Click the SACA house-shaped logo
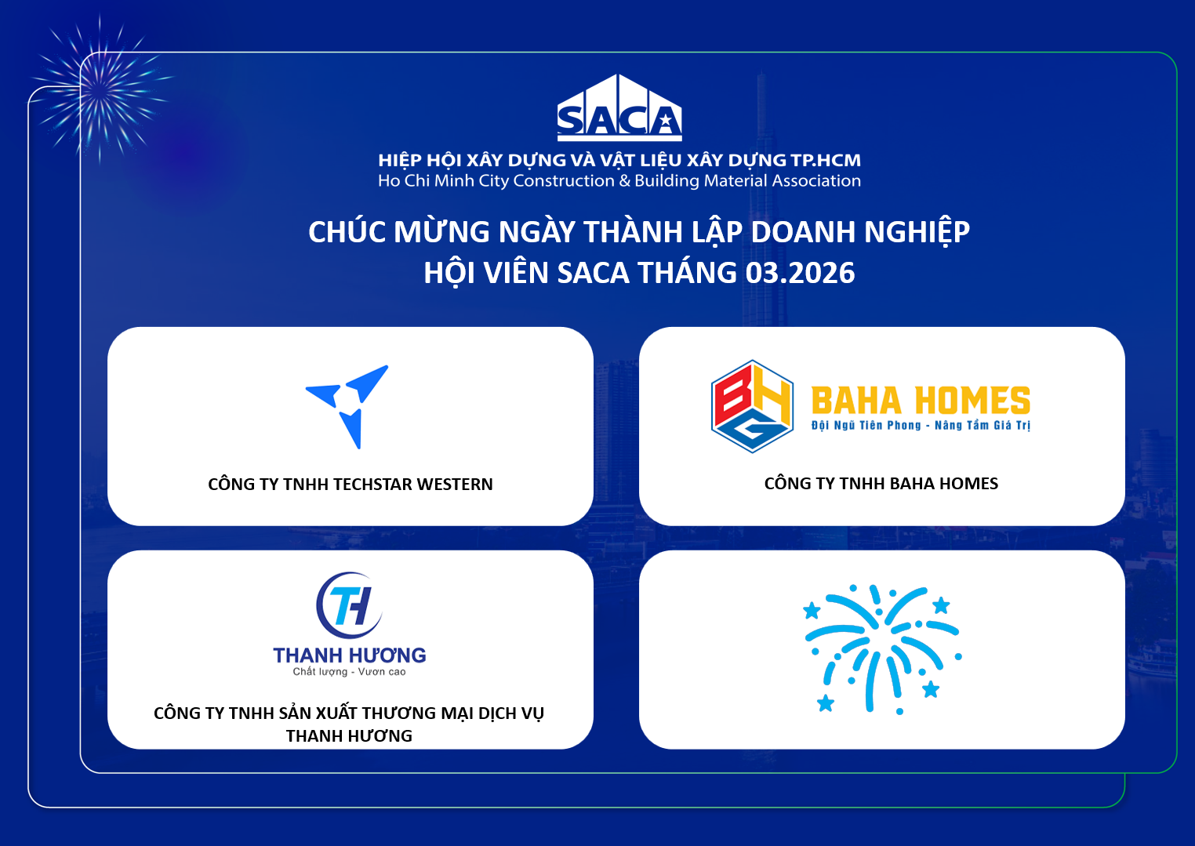[x=619, y=107]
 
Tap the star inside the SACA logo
[x=665, y=122]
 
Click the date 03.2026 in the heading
[x=800, y=273]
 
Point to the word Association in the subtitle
[x=816, y=181]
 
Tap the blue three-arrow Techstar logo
[x=347, y=407]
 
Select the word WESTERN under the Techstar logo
[x=455, y=485]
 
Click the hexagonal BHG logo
[x=752, y=406]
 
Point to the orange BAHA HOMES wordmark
[x=921, y=401]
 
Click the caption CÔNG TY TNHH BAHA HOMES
[x=881, y=483]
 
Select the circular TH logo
[x=350, y=605]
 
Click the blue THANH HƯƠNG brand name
[x=350, y=655]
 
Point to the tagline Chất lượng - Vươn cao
[x=350, y=672]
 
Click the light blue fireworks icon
[x=882, y=649]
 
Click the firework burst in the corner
[x=100, y=88]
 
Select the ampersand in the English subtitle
[x=625, y=181]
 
